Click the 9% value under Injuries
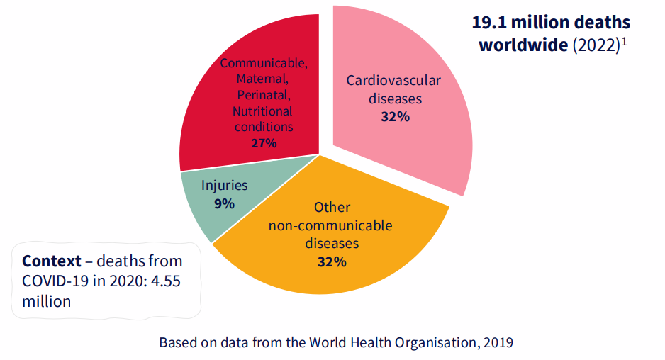click(224, 203)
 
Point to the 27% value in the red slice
click(264, 143)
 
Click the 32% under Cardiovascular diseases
click(395, 117)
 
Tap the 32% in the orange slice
click(332, 261)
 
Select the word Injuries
click(224, 186)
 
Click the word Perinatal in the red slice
click(264, 94)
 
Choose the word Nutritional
click(262, 111)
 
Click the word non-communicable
click(332, 225)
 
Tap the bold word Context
click(52, 260)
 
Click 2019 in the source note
click(497, 342)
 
